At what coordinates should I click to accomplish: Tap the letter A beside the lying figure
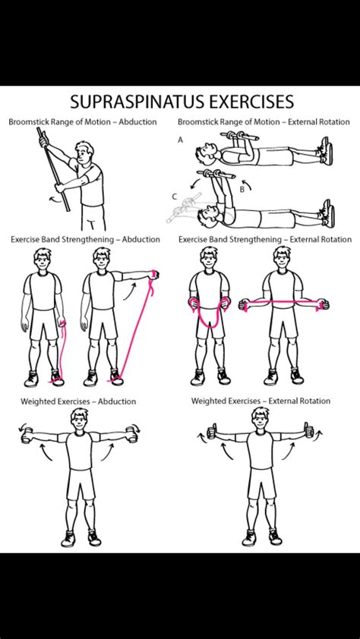pos(181,140)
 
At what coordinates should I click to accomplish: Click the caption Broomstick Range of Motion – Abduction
pos(83,121)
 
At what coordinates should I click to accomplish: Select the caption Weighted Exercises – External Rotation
pos(261,401)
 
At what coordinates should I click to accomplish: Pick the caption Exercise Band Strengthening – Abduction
pos(86,239)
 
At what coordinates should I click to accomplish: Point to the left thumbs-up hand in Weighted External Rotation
pos(212,433)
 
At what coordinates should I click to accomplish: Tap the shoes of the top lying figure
pos(326,150)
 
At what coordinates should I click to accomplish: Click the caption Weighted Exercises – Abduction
pos(84,401)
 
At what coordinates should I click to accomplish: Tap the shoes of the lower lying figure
pos(326,213)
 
